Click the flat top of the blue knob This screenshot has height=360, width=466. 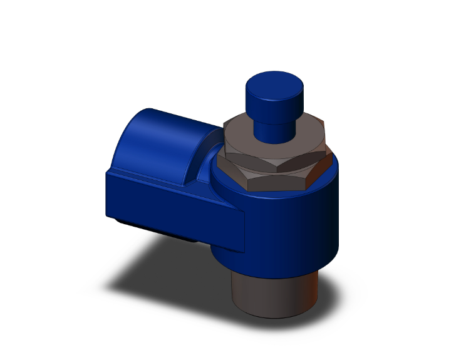[274, 83]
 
